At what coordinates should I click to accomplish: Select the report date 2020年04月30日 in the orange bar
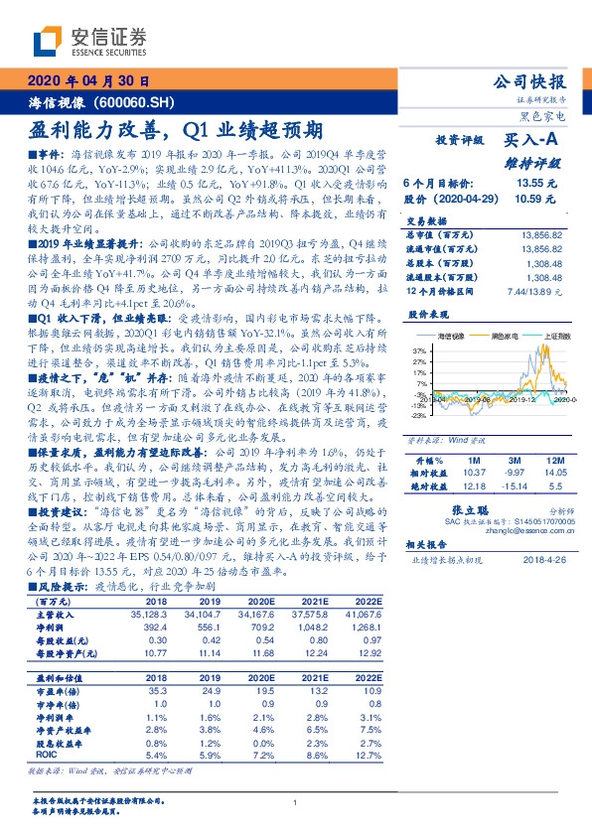(88, 81)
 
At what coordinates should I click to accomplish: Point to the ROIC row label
(48, 755)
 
